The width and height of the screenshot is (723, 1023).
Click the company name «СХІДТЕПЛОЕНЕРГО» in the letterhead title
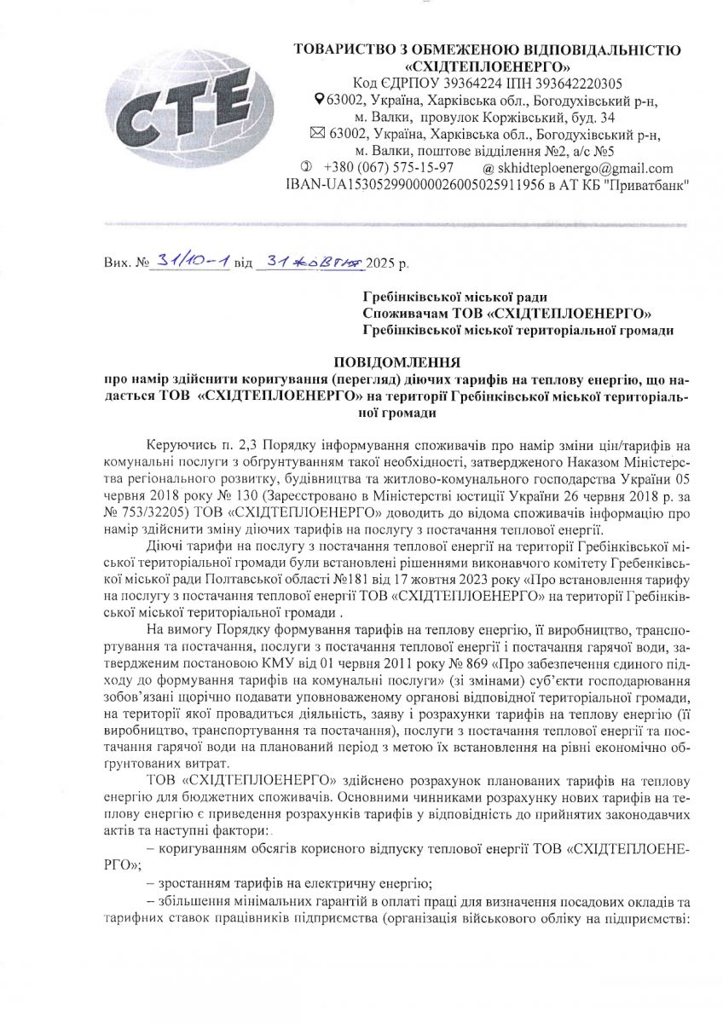point(488,66)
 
